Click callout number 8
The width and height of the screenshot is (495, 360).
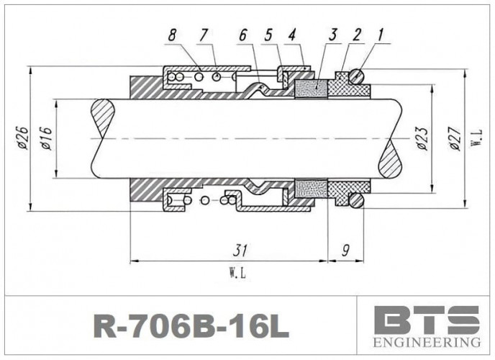tap(172, 35)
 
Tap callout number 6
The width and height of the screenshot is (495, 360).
tap(242, 35)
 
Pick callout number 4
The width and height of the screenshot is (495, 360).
tap(291, 35)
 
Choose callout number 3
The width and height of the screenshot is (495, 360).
tap(332, 35)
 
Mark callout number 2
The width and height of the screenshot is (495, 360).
tap(355, 35)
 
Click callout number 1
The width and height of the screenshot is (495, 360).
tap(380, 35)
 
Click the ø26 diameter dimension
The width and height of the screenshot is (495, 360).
tap(22, 137)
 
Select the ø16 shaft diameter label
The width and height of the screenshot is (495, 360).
tap(46, 137)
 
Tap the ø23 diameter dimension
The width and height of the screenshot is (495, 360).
tap(422, 137)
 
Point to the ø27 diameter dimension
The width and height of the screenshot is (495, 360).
tap(453, 137)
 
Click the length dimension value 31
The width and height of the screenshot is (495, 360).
tap(240, 251)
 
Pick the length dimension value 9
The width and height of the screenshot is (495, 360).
tap(345, 251)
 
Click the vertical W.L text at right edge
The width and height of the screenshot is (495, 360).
tap(476, 137)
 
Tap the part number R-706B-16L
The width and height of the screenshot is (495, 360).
tap(191, 326)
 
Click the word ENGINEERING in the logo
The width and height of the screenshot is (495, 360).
tap(427, 341)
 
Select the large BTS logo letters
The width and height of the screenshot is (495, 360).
tap(427, 318)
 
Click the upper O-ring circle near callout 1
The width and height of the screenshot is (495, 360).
tap(356, 76)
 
